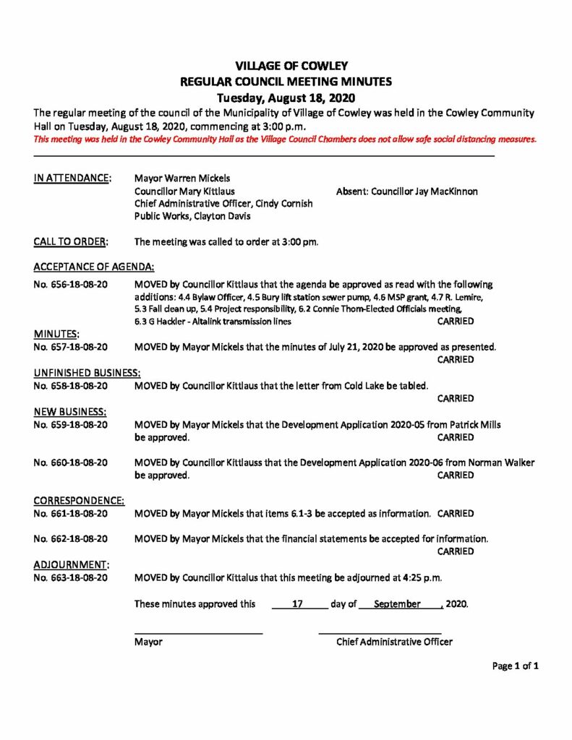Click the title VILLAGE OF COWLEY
point(286,66)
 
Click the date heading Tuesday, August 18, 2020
point(286,98)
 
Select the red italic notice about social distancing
point(285,139)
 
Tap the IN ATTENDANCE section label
point(72,176)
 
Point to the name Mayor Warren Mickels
point(183,177)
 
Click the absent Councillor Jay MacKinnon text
point(407,191)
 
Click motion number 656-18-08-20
point(71,285)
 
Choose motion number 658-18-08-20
point(71,385)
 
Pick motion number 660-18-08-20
point(71,462)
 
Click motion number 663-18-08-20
point(71,578)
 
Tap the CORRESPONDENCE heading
point(79,500)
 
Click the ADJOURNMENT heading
point(72,565)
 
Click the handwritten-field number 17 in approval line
point(296,603)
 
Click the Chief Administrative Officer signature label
point(394,642)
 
